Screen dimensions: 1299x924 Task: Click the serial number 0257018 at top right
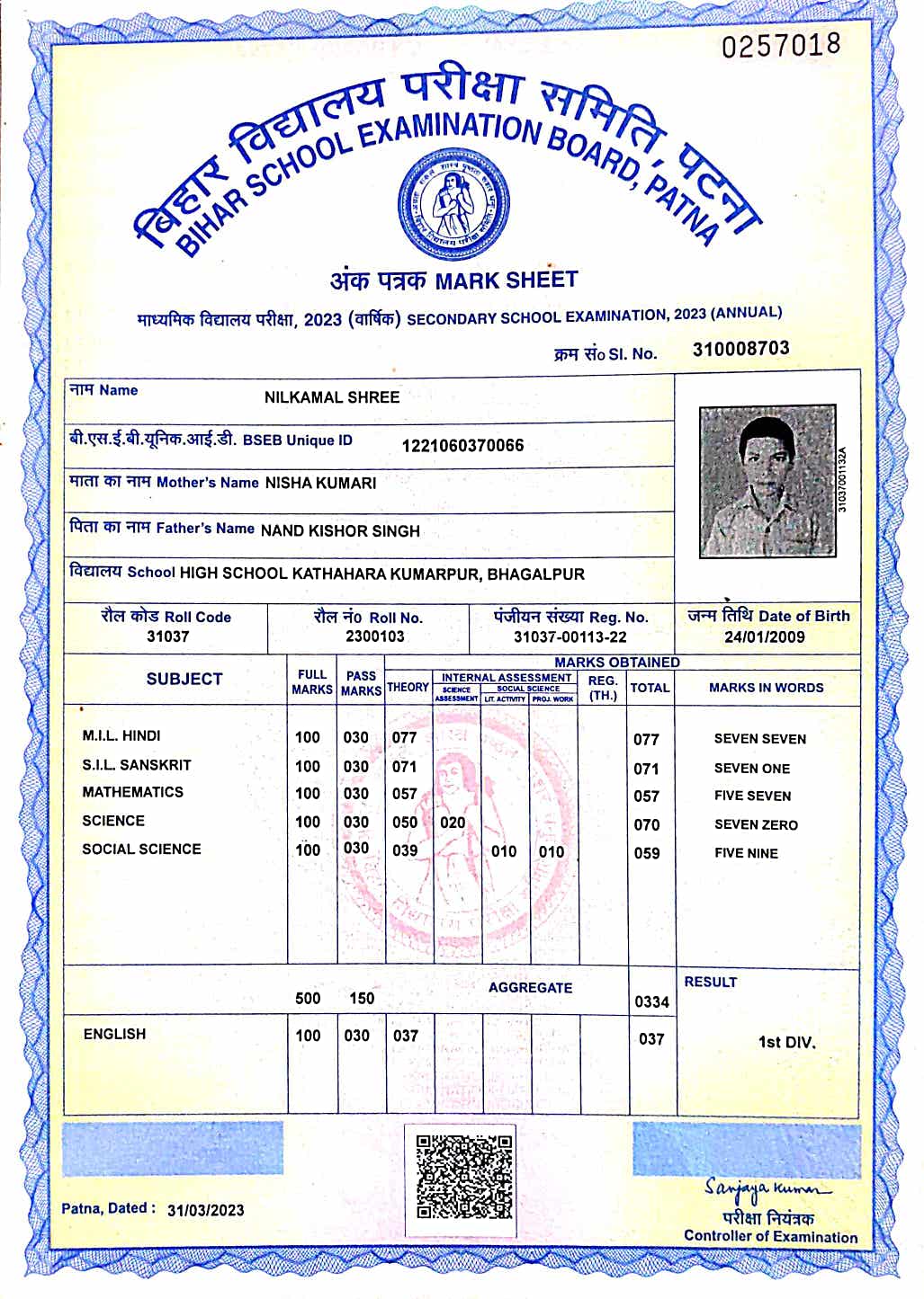tap(781, 45)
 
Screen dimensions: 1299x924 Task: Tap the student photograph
tap(767, 481)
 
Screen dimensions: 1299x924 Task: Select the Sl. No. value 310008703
tap(740, 349)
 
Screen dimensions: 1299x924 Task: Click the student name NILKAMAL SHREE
tap(332, 397)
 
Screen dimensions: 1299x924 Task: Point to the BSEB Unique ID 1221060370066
tap(462, 446)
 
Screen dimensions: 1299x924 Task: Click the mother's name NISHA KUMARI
tap(320, 484)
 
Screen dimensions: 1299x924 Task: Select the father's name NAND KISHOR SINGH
tap(340, 531)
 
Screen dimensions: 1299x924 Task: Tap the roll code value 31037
tap(167, 636)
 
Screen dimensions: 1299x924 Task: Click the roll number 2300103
tap(375, 636)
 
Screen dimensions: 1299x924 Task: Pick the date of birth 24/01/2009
tap(765, 637)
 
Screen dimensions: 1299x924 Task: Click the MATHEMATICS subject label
tap(132, 792)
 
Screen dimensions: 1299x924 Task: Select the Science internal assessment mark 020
tap(453, 823)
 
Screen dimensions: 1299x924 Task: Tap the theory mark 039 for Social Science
tap(405, 850)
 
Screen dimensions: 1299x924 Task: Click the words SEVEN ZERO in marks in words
tap(756, 824)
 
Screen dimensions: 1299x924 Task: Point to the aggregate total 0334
tap(651, 1001)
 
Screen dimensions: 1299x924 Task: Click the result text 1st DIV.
tap(786, 1043)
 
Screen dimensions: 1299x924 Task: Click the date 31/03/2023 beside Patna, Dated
tap(206, 1210)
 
